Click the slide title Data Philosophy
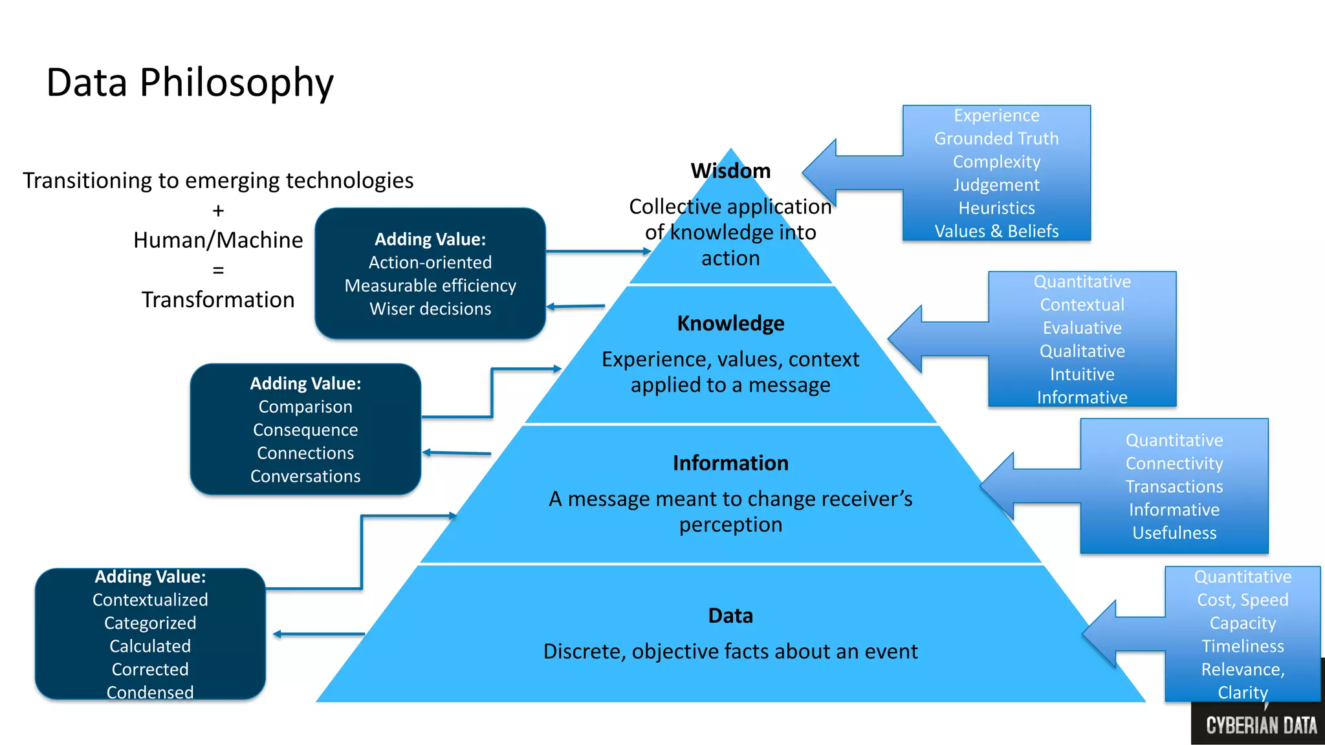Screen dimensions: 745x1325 190,83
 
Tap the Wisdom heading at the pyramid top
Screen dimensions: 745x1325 730,171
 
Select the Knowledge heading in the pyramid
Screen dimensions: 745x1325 730,323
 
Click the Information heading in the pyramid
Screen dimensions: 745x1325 730,463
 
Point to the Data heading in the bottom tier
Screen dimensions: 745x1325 730,616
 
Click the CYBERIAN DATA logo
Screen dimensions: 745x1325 1261,725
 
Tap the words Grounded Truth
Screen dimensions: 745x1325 996,138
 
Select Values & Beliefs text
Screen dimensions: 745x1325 996,231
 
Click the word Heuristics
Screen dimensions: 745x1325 996,208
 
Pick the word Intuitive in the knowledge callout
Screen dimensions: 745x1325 1082,374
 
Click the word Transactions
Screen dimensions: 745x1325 1174,486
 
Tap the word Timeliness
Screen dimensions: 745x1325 1242,646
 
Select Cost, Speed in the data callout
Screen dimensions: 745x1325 1242,600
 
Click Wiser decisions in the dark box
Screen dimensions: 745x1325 430,309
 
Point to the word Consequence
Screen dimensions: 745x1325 305,430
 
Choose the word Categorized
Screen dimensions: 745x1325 150,623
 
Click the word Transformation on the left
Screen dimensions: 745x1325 218,300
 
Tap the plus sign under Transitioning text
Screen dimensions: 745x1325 218,211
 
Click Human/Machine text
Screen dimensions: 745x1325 218,240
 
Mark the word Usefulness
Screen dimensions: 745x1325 1174,533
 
